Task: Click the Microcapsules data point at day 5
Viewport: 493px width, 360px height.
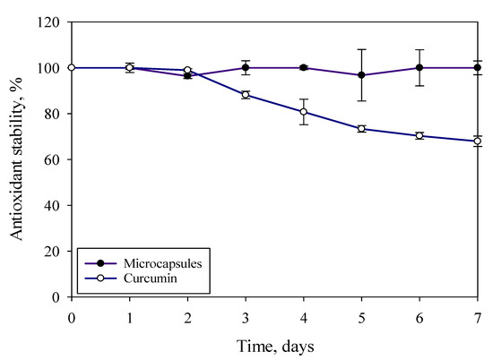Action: click(x=361, y=75)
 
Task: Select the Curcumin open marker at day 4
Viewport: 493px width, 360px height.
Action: click(x=304, y=112)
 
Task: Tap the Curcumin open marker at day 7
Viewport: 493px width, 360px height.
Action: click(x=478, y=141)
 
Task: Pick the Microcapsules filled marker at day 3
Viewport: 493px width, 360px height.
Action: click(x=246, y=67)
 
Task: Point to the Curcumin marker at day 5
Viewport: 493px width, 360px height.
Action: click(x=361, y=129)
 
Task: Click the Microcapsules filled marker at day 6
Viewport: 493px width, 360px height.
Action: click(x=419, y=67)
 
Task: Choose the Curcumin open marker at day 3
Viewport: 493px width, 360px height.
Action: click(x=246, y=95)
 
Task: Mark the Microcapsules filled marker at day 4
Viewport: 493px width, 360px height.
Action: click(x=304, y=67)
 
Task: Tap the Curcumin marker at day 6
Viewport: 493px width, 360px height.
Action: click(x=419, y=136)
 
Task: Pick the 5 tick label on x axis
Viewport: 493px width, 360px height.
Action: click(x=361, y=316)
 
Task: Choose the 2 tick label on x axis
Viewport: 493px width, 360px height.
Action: click(x=187, y=316)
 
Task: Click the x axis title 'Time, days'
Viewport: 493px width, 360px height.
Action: click(x=275, y=345)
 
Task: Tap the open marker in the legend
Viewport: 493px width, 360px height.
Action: click(x=101, y=278)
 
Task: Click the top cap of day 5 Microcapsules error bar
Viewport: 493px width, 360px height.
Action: click(x=361, y=49)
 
